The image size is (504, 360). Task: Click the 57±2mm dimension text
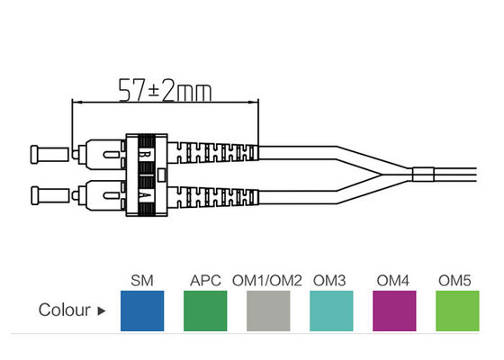click(x=164, y=88)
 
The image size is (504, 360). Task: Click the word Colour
click(x=64, y=311)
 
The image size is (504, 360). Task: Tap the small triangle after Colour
click(x=101, y=312)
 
